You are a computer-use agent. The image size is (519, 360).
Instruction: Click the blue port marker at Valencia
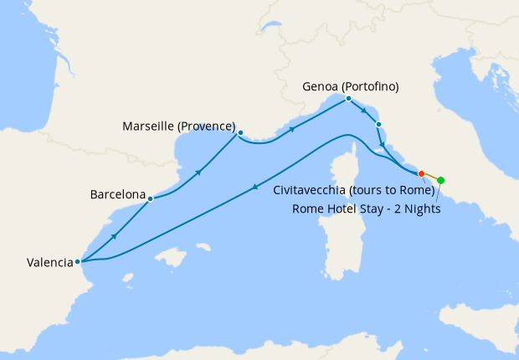pyautogui.click(x=78, y=261)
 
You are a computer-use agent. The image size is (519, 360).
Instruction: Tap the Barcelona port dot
pyautogui.click(x=150, y=199)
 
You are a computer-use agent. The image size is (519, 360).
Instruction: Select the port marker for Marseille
pyautogui.click(x=240, y=132)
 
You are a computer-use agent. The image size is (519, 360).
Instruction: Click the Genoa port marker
pyautogui.click(x=348, y=98)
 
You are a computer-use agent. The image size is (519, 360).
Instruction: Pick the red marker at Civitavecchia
pyautogui.click(x=421, y=173)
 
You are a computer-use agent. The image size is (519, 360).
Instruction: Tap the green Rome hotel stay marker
pyautogui.click(x=441, y=180)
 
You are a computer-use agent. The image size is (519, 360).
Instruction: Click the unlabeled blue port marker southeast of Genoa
pyautogui.click(x=378, y=125)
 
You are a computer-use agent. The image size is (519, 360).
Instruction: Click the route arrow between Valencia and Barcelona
pyautogui.click(x=114, y=237)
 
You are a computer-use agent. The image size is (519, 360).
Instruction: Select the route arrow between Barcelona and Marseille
pyautogui.click(x=198, y=172)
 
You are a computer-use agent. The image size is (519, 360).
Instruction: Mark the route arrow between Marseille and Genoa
pyautogui.click(x=292, y=130)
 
